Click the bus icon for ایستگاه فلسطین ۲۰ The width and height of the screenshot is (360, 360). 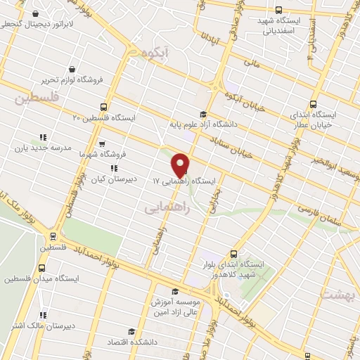[x=104, y=108]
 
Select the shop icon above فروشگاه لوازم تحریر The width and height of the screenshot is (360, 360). [x=72, y=69]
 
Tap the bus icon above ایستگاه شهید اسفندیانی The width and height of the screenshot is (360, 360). [x=279, y=11]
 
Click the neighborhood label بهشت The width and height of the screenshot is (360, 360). [x=336, y=293]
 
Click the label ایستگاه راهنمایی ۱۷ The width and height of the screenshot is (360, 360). [x=186, y=181]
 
